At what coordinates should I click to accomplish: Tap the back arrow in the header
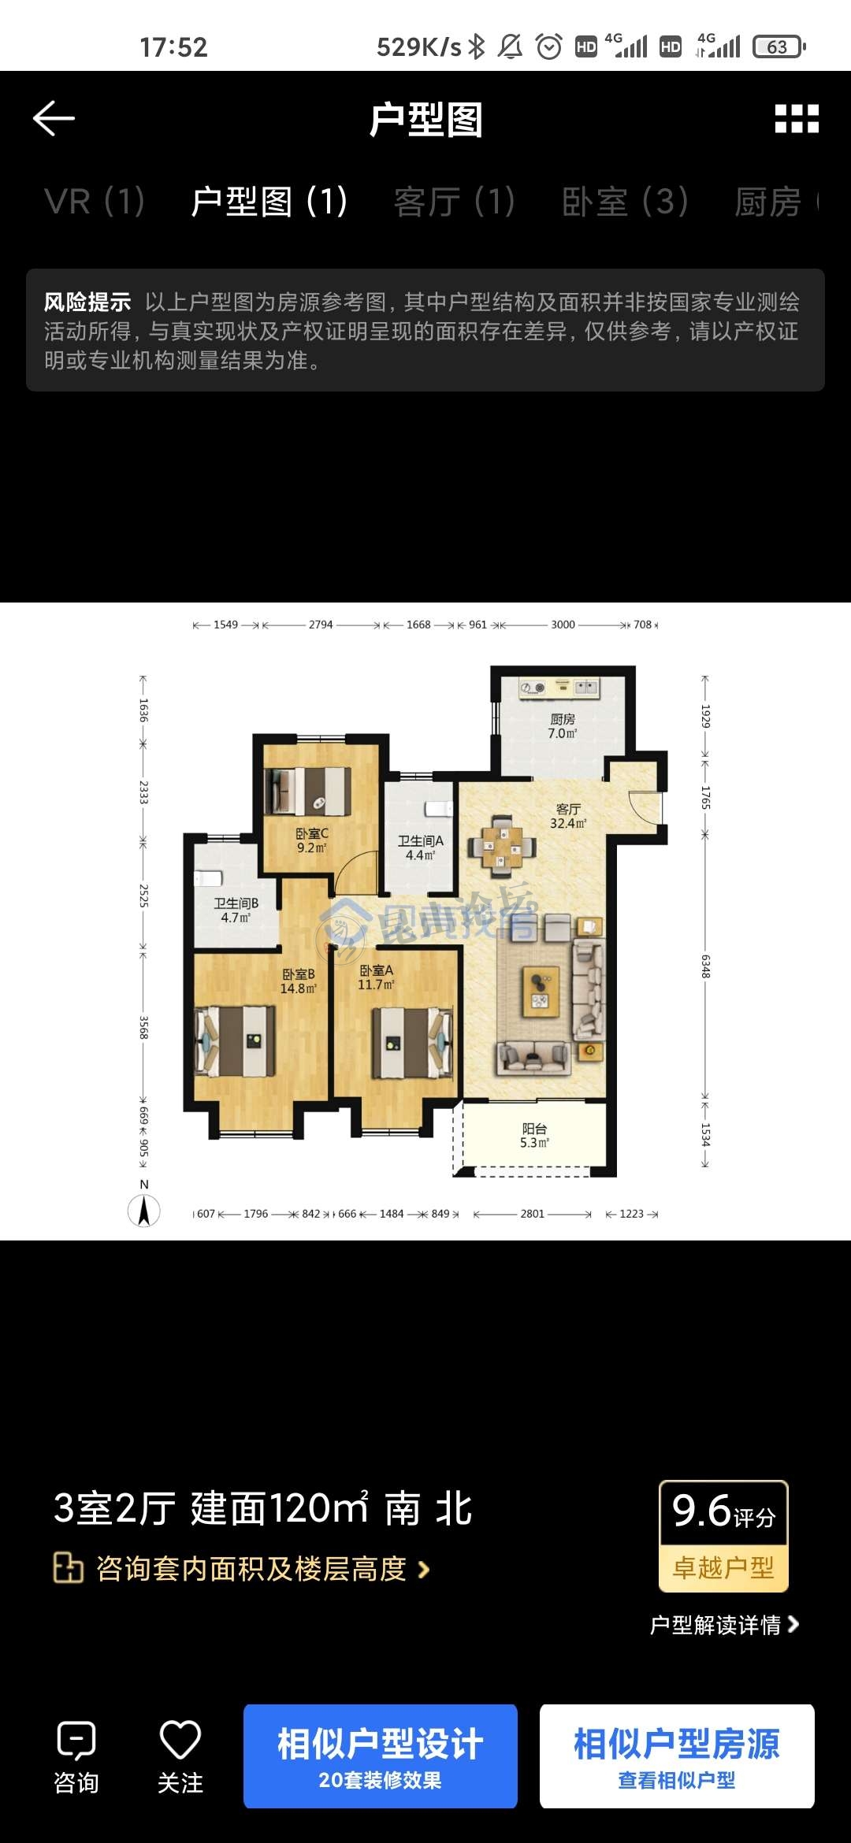[54, 119]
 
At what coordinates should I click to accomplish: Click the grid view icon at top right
[797, 119]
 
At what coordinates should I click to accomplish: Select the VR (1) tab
[95, 202]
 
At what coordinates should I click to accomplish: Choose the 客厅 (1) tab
[455, 202]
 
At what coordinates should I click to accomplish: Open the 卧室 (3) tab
[626, 202]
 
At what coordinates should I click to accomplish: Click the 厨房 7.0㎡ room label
[563, 726]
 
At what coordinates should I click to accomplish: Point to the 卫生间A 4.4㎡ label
[421, 848]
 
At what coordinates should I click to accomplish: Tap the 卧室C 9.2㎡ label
[312, 840]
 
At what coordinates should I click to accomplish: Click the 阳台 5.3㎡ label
[534, 1136]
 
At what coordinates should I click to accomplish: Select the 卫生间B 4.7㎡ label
[236, 910]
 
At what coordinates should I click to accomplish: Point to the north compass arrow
[144, 1211]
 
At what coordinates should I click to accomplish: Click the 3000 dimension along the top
[563, 625]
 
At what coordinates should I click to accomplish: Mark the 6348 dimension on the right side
[705, 966]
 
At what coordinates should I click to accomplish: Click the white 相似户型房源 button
[677, 1756]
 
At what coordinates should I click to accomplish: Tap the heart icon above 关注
[180, 1739]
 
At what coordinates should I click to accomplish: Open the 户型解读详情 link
[724, 1625]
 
